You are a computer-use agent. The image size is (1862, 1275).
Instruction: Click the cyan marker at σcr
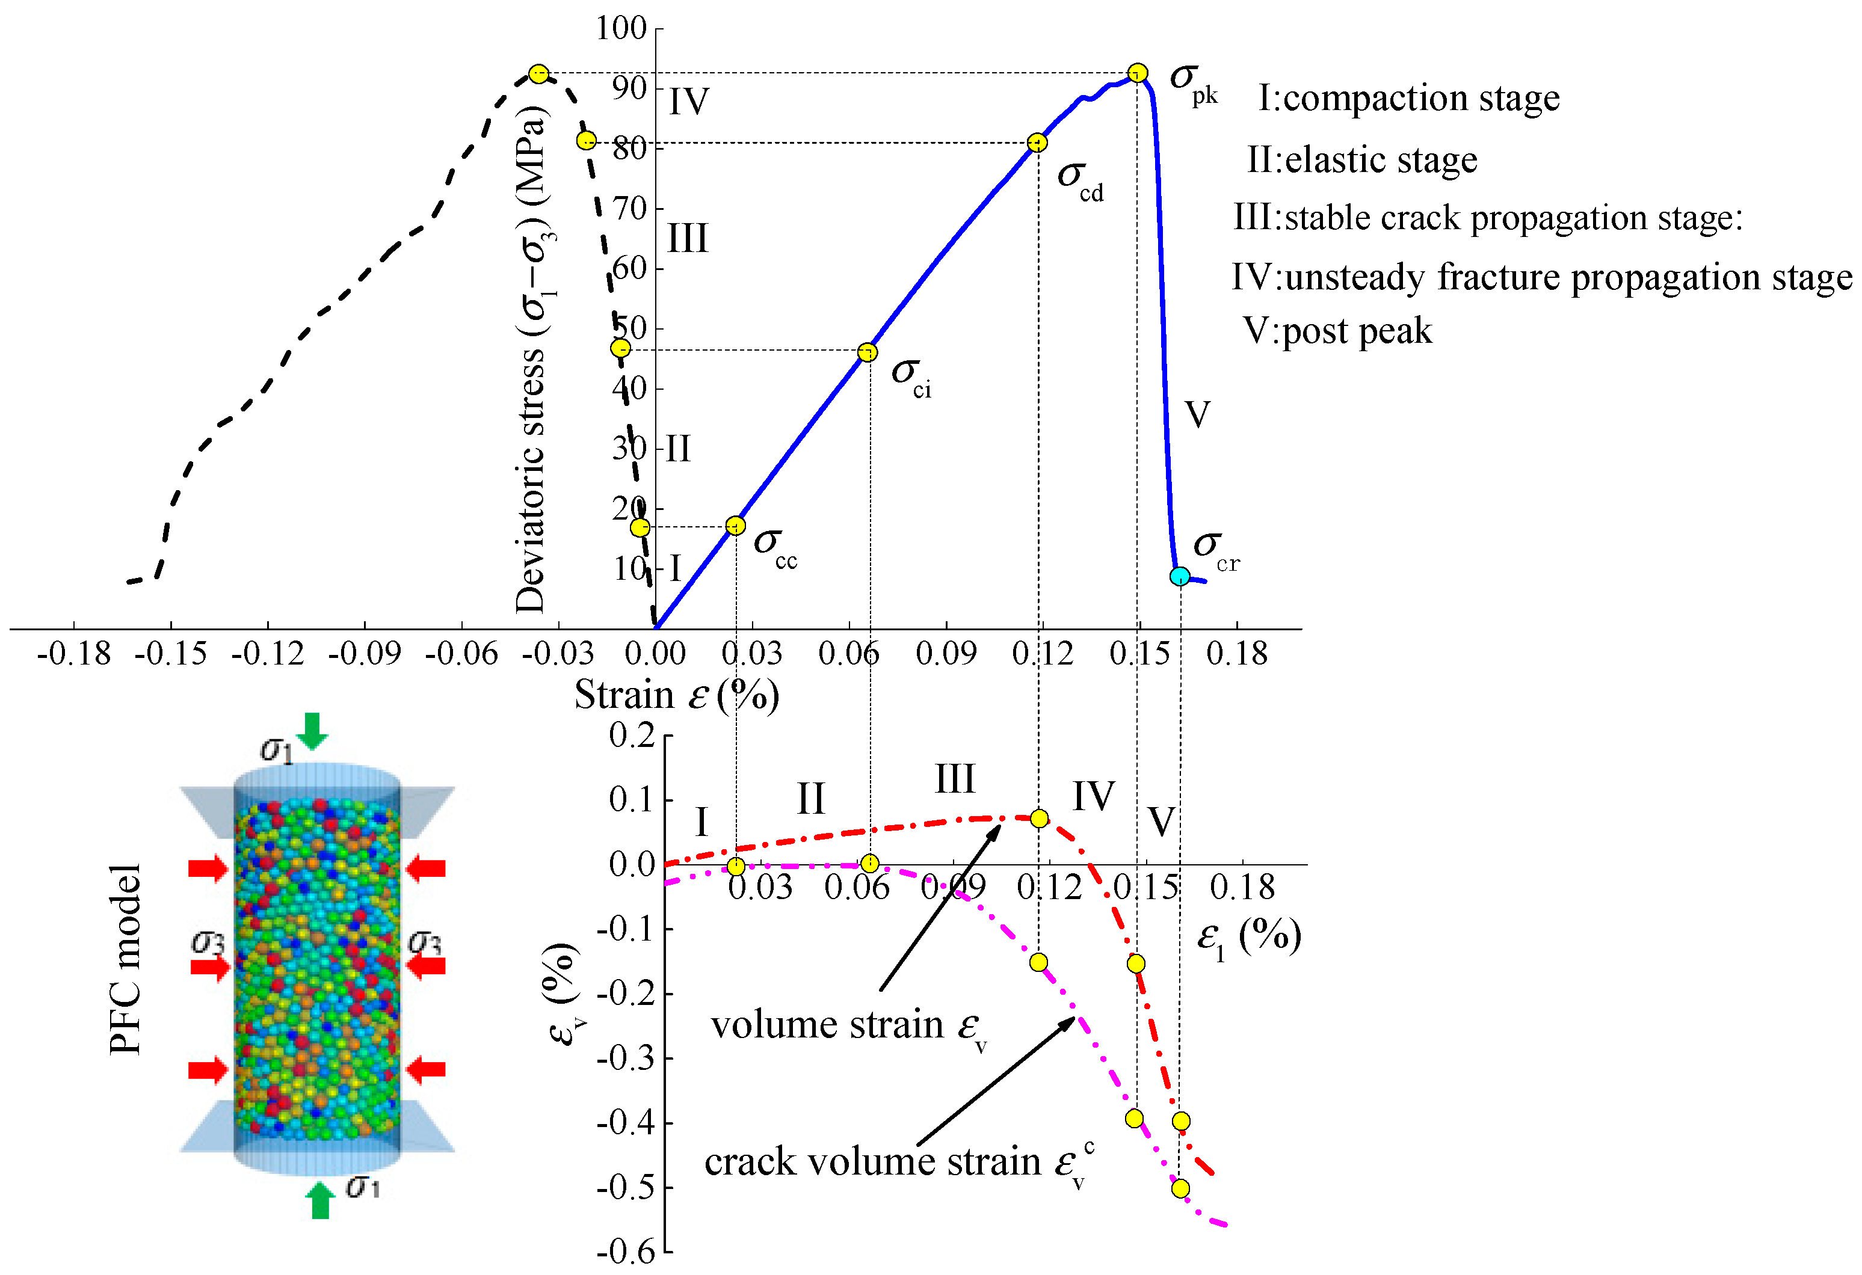click(1179, 576)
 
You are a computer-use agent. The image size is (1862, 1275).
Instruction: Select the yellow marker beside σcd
click(1037, 143)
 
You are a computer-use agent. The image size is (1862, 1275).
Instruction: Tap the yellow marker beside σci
click(867, 352)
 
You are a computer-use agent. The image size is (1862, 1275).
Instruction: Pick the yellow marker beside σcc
click(736, 526)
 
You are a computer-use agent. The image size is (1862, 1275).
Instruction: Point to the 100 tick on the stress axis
click(621, 29)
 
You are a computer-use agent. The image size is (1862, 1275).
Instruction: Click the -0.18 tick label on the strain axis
click(74, 654)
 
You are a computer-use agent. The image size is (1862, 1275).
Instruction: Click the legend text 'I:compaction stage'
click(1408, 97)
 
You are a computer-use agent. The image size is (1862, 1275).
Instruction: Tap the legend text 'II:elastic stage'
click(1361, 159)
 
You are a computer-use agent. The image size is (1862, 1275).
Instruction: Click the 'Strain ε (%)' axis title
click(676, 695)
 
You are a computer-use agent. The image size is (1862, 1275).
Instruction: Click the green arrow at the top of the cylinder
click(312, 730)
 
